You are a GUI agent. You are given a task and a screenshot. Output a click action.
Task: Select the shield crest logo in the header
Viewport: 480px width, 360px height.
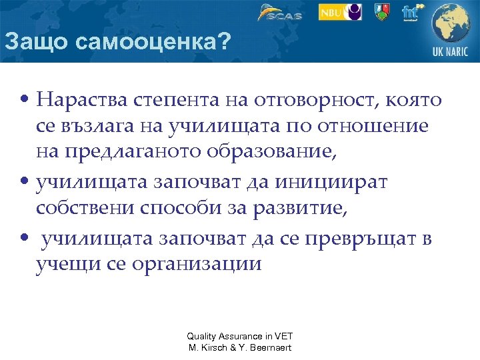tap(381, 12)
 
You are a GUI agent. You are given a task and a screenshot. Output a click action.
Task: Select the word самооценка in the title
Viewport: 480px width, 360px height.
tap(149, 42)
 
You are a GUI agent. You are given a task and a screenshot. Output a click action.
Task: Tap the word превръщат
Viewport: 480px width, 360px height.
tap(359, 238)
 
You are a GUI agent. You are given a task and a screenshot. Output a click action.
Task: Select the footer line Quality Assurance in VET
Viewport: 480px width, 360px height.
tap(239, 337)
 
